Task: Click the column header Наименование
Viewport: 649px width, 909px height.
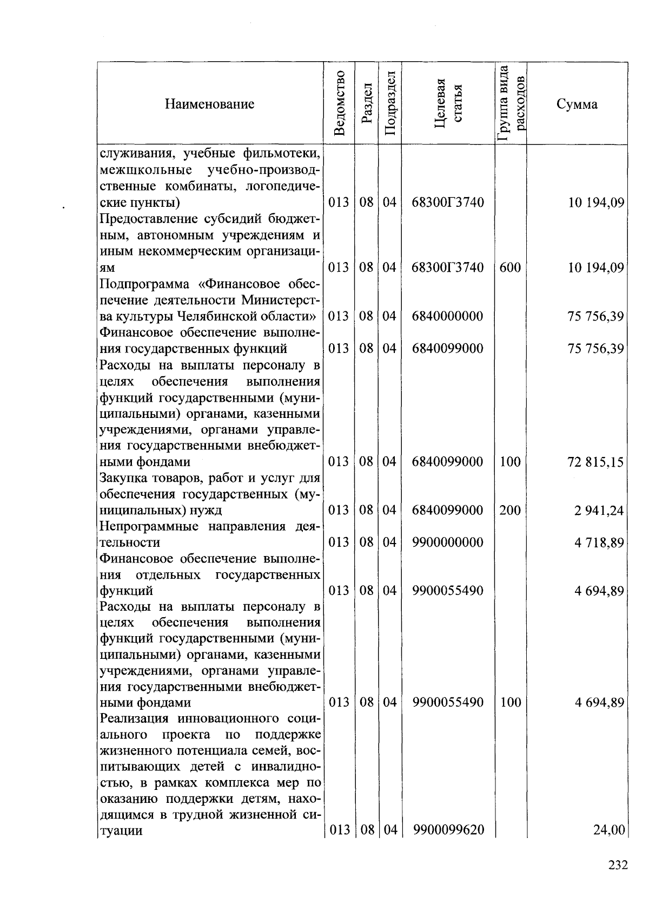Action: click(210, 104)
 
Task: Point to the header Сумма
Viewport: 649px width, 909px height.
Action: click(577, 104)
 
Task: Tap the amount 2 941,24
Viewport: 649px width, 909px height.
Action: click(599, 510)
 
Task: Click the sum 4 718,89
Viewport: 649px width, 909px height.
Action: click(599, 542)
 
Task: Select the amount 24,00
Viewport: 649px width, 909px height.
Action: click(609, 829)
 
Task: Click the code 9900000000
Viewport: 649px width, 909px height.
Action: click(447, 542)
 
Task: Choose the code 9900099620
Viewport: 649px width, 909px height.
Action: click(447, 829)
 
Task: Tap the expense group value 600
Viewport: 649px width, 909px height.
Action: click(510, 267)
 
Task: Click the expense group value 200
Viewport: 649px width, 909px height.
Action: click(510, 510)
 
